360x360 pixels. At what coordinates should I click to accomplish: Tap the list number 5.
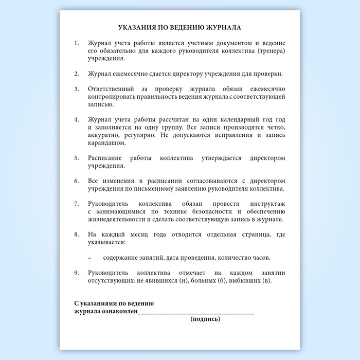(x=77, y=158)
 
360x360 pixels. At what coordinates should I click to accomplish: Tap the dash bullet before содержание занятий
(x=90, y=257)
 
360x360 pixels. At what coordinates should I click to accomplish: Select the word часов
(x=260, y=257)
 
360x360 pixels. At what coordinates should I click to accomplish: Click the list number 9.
(x=77, y=273)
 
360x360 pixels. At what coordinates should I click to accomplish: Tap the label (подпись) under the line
(x=206, y=319)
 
